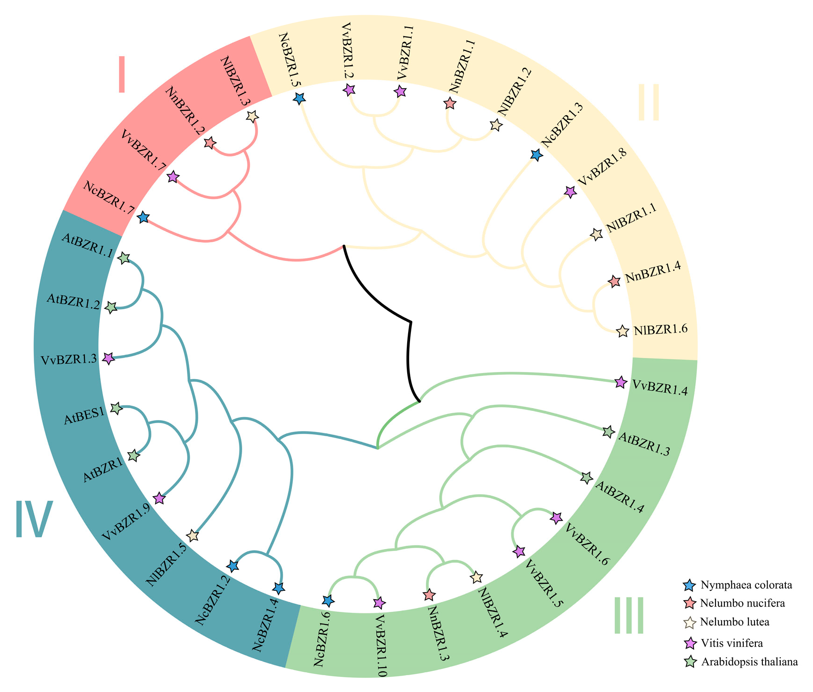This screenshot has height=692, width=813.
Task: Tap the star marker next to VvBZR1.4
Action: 620,382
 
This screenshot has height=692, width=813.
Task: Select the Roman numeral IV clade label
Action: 34,519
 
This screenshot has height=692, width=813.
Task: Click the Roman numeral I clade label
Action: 122,74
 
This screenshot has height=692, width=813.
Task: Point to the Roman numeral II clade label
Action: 649,102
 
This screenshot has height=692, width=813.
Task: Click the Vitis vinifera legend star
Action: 688,644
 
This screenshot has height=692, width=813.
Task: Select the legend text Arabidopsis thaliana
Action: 749,662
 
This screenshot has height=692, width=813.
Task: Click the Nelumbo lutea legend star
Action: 688,623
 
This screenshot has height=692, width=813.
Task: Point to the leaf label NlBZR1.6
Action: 660,329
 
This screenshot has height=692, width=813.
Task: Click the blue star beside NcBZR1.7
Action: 143,217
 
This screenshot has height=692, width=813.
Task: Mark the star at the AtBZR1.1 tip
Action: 123,258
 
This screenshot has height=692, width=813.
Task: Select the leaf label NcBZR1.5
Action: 289,60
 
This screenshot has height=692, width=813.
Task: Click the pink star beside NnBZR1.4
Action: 614,282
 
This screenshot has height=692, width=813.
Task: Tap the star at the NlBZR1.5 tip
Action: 193,535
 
